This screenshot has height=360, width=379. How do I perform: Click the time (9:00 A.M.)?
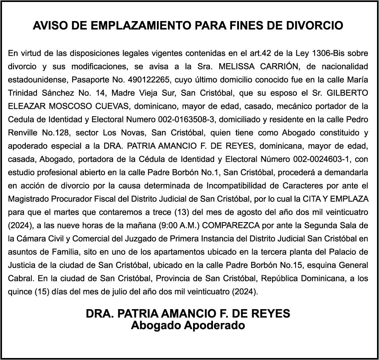180,226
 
